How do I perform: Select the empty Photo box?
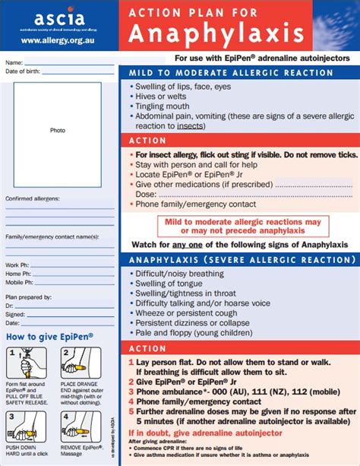point(58,130)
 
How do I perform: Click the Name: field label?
point(14,62)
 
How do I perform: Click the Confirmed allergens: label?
point(32,198)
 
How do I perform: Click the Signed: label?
point(16,314)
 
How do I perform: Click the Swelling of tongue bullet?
point(169,284)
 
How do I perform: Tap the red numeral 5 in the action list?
point(131,411)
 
